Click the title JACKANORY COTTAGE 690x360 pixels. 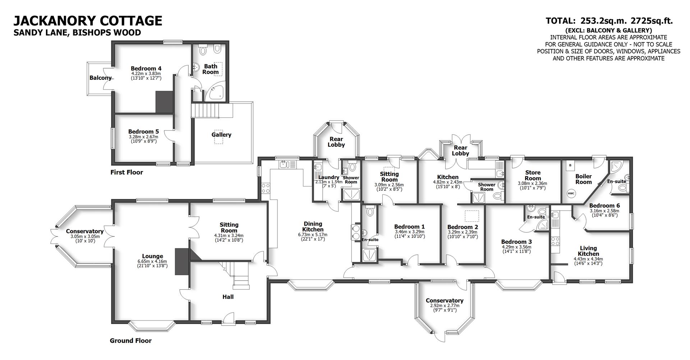[88, 20]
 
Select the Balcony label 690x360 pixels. [100, 78]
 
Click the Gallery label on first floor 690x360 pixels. [221, 135]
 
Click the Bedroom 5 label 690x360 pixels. [143, 132]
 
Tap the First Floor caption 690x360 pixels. [126, 172]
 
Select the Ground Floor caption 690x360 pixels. [130, 341]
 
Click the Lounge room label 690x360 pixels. [152, 257]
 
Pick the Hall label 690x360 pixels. [228, 297]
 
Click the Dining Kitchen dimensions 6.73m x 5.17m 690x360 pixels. [313, 235]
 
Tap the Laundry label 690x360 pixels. [329, 177]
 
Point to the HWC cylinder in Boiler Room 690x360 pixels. [571, 193]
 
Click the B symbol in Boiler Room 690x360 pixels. [570, 166]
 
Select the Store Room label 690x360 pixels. [533, 175]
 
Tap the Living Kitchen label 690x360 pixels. [588, 251]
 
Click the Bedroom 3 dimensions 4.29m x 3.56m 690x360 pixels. [516, 247]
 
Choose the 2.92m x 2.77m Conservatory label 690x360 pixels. [444, 306]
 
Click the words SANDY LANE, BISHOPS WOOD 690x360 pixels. [77, 33]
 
